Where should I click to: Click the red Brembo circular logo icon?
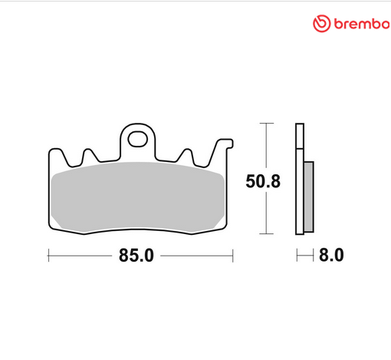[x=320, y=24]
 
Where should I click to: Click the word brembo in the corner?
[x=360, y=25]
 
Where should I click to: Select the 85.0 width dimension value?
[x=136, y=256]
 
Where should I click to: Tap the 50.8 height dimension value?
[x=262, y=182]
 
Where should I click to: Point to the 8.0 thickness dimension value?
[x=331, y=256]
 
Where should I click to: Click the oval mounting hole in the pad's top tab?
[x=139, y=140]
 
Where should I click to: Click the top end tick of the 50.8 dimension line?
[x=265, y=123]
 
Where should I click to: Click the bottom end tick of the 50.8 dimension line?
[x=265, y=233]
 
